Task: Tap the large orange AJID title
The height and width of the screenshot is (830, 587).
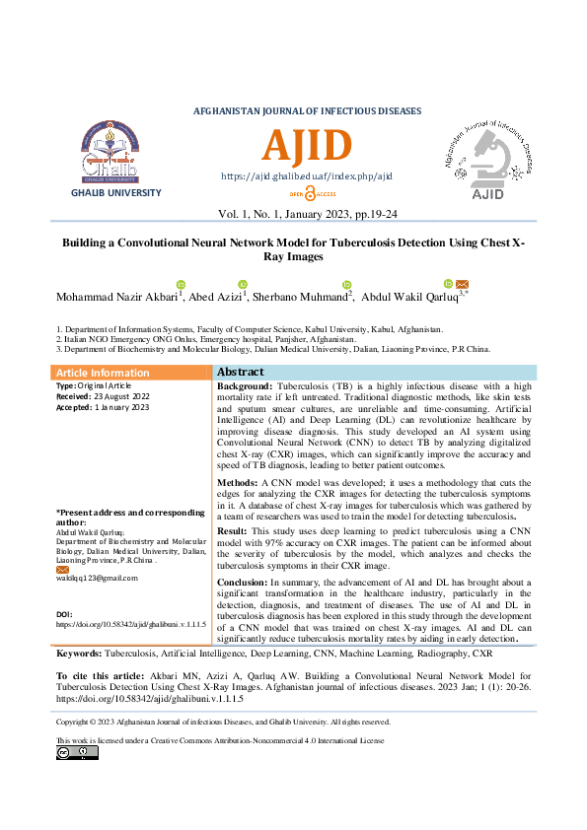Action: point(307,147)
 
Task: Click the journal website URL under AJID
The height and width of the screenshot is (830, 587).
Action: point(307,176)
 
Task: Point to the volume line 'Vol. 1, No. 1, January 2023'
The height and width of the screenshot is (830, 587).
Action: point(307,214)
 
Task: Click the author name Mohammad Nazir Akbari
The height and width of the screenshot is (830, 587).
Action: point(114,296)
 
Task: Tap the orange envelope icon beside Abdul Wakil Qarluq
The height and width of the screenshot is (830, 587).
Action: point(462,284)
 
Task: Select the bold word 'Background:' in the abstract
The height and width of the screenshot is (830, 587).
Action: point(244,386)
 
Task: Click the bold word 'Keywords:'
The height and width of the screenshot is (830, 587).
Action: point(78,654)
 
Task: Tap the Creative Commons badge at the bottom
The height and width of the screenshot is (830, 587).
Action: point(77,752)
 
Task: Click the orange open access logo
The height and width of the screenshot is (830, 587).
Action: point(307,194)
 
